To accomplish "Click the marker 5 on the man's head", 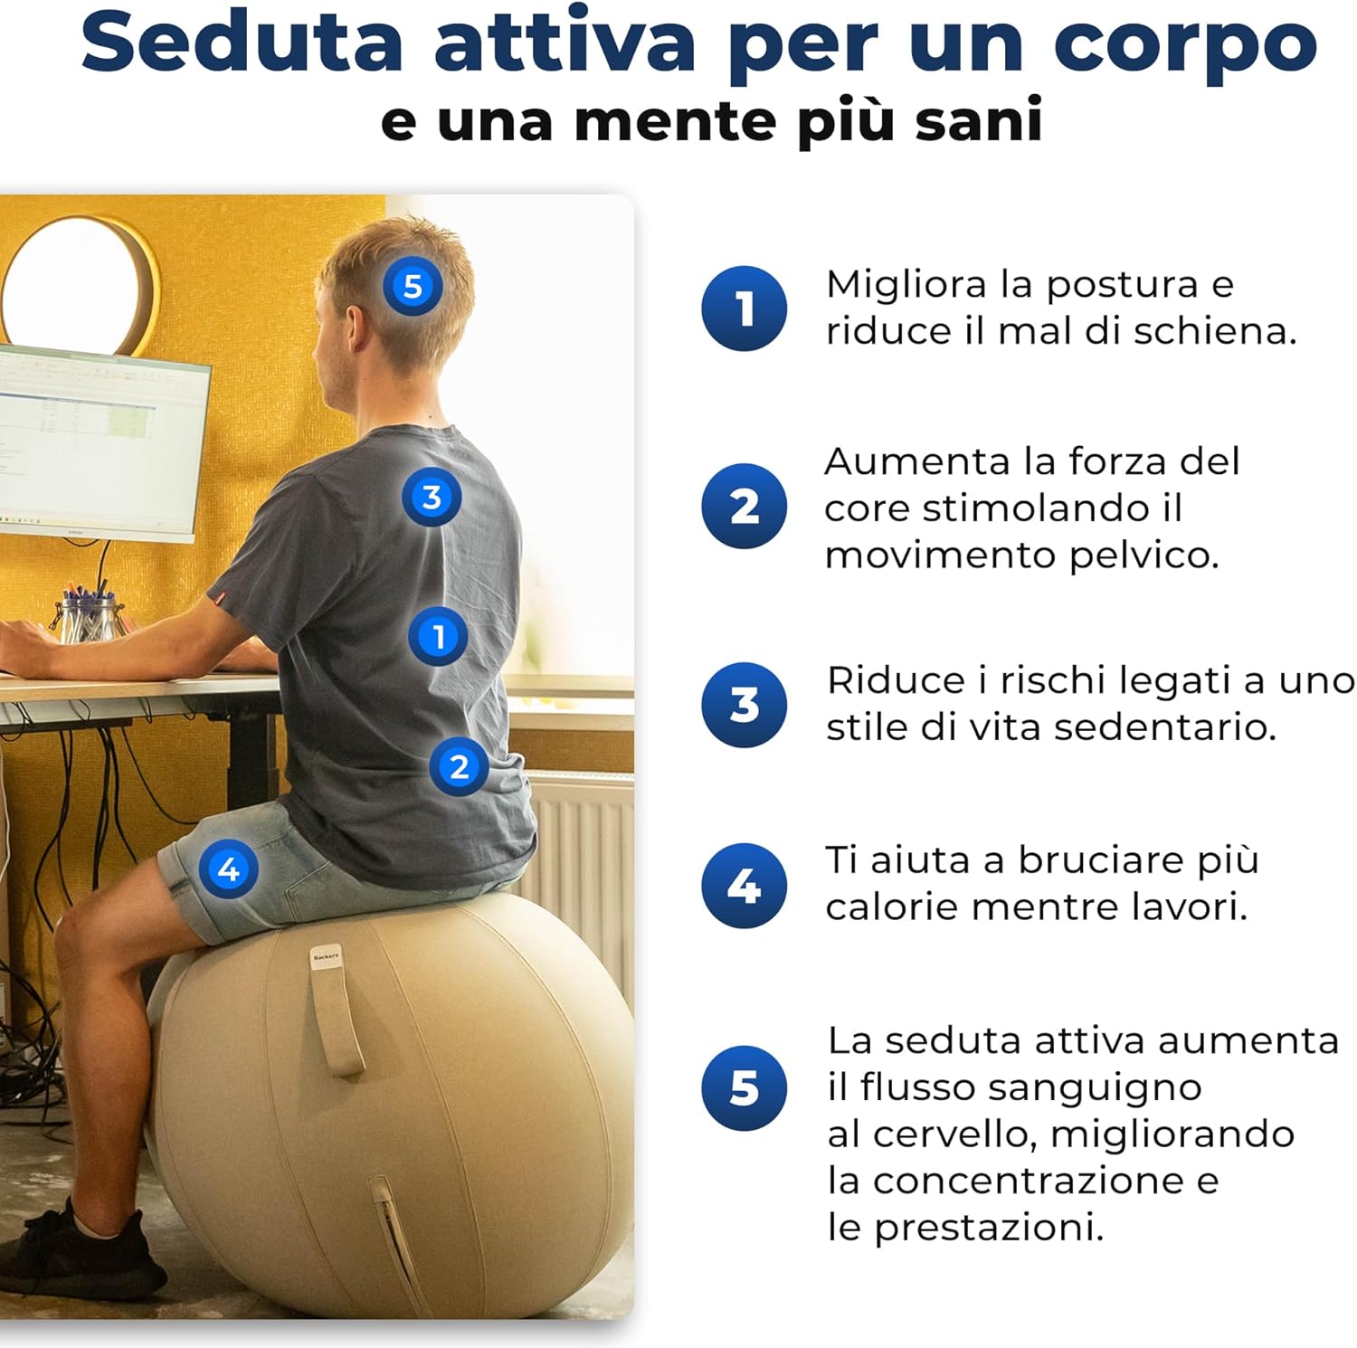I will point(413,286).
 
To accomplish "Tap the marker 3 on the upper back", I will point(432,497).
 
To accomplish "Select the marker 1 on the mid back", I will point(438,636).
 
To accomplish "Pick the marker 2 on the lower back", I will point(459,766).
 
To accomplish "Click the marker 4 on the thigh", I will point(228,869).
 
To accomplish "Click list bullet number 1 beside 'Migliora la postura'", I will point(744,309).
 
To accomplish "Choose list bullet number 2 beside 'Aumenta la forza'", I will point(744,506).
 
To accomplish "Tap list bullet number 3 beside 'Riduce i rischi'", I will point(744,705).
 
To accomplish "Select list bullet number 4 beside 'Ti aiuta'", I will point(744,886).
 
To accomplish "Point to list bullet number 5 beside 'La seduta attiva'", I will point(744,1088).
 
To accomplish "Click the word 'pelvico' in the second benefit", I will point(1143,555).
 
